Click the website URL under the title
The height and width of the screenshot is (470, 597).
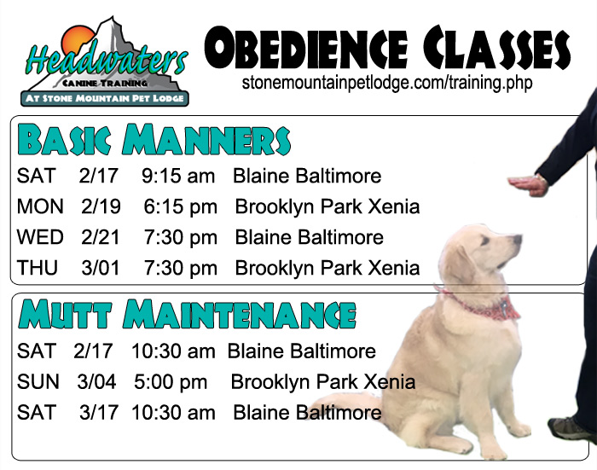387,83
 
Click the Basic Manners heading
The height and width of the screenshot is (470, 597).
154,139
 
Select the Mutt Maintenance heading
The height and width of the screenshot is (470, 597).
187,314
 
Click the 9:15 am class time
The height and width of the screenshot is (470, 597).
178,176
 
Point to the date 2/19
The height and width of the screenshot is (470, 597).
101,206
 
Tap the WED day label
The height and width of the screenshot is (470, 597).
40,237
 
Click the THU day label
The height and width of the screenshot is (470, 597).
38,268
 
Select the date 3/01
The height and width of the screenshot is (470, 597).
101,268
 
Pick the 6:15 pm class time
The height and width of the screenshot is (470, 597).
181,206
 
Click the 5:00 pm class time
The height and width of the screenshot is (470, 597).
171,382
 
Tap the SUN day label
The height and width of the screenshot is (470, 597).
38,381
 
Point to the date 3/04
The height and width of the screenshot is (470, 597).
96,381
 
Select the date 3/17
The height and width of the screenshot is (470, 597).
99,413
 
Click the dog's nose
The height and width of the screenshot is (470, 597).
518,239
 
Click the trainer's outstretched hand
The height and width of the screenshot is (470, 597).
528,185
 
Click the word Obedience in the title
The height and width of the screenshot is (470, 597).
306,49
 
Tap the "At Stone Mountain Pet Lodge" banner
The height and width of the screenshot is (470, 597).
105,98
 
